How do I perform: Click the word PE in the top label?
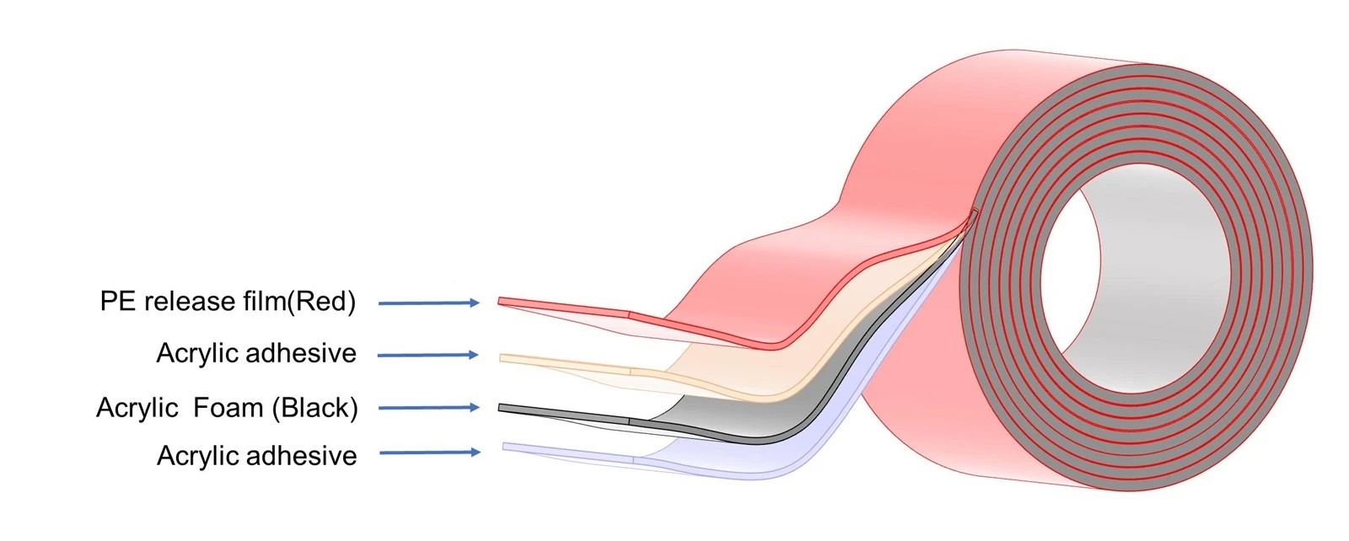(x=118, y=301)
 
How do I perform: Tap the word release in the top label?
(x=189, y=301)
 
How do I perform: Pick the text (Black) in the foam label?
(x=315, y=408)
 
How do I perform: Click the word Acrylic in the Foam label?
(x=137, y=409)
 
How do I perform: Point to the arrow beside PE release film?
(x=429, y=303)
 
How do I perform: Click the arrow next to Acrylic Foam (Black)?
(x=429, y=408)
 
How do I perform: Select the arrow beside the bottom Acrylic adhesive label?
(x=430, y=453)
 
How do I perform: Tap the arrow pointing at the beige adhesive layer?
(x=427, y=356)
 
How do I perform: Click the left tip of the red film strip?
(x=498, y=300)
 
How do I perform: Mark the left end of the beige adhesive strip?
(x=501, y=359)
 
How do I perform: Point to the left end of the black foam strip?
(x=499, y=409)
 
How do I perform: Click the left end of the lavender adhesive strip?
(x=503, y=447)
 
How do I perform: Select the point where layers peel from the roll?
(x=973, y=212)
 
